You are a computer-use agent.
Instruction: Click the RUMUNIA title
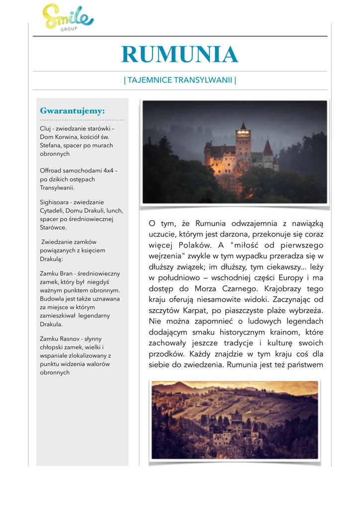coord(180,55)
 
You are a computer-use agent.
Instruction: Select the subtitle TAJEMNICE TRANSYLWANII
coord(180,80)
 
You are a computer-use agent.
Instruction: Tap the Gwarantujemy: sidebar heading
coord(73,110)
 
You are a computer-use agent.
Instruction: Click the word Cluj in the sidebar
coord(45,128)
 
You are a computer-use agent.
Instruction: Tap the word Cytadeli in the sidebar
coord(52,210)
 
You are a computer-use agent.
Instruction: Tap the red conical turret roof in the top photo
coord(268,147)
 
